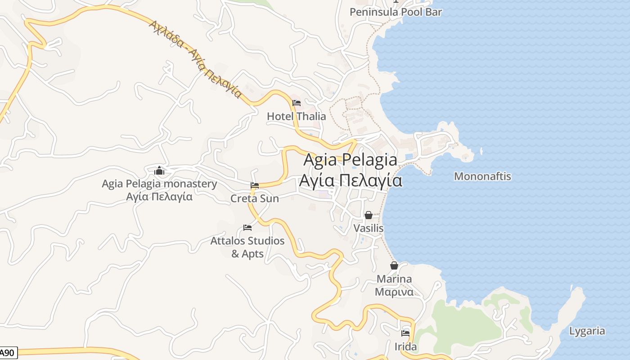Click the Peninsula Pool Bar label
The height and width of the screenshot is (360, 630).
click(x=396, y=12)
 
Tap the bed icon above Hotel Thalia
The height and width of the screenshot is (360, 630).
click(x=297, y=103)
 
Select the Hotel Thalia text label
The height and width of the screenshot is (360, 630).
click(x=296, y=116)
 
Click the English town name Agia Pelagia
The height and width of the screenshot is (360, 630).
click(x=350, y=160)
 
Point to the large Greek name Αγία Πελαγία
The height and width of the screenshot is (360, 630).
click(x=350, y=180)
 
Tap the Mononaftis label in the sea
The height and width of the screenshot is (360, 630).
click(x=482, y=176)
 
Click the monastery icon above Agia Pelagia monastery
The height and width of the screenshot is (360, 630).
click(x=159, y=171)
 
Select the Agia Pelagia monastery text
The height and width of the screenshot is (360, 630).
click(x=159, y=184)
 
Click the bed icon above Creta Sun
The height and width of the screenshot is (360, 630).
click(x=255, y=185)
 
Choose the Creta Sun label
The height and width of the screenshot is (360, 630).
click(x=255, y=198)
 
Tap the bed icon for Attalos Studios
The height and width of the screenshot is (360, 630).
click(x=247, y=228)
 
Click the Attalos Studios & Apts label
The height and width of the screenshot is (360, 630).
click(x=247, y=247)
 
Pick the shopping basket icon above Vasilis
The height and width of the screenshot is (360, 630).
click(x=369, y=216)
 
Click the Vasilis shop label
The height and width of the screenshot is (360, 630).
click(x=369, y=228)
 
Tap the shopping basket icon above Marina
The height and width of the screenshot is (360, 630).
click(x=394, y=266)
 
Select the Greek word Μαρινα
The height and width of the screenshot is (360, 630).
click(x=394, y=292)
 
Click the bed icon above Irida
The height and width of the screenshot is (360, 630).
click(x=405, y=333)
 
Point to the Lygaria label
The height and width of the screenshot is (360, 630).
click(x=587, y=331)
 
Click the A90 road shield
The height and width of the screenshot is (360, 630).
click(x=8, y=353)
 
